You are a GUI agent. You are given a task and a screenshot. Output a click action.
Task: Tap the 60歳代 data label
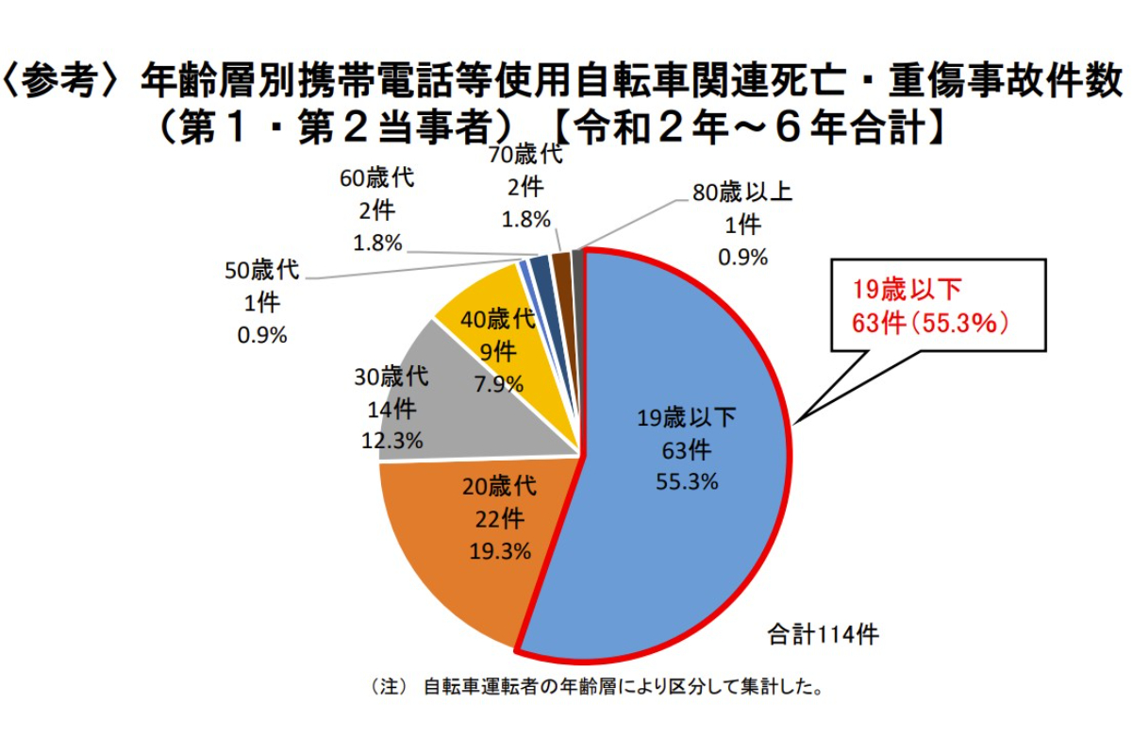pyautogui.click(x=377, y=210)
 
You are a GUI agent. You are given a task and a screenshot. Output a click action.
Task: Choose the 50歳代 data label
pyautogui.click(x=261, y=302)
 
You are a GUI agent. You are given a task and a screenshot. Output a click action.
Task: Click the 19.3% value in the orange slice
pyautogui.click(x=500, y=551)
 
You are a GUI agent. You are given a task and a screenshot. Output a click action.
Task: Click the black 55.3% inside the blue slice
pyautogui.click(x=687, y=481)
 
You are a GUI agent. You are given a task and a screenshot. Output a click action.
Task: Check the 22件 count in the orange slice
pyautogui.click(x=499, y=519)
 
